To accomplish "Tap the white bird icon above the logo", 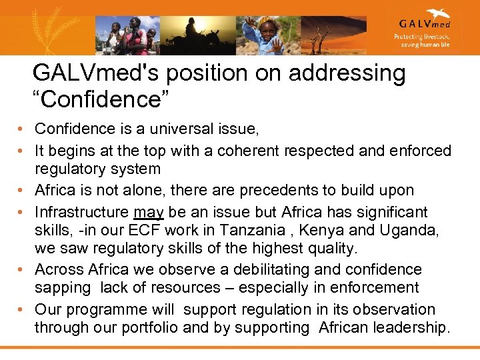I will [x=438, y=13].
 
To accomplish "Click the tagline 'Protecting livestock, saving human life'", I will [x=422, y=41].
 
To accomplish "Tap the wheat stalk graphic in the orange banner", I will [x=33, y=30].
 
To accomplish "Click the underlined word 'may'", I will [x=148, y=213].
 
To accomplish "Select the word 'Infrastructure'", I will [x=82, y=213].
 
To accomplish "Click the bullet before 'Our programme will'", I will [x=22, y=310].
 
